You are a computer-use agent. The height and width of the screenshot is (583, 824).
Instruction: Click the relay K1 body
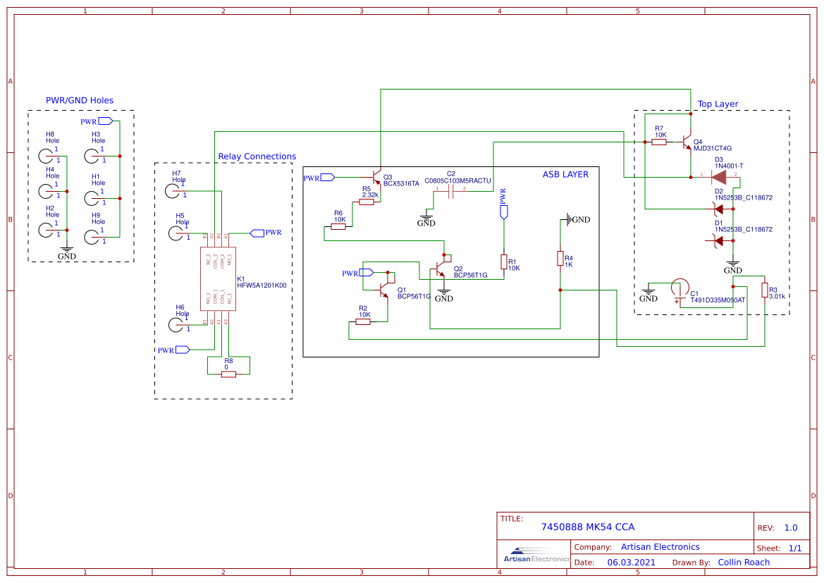tap(218, 278)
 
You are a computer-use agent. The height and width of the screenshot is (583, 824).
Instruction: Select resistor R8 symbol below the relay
tap(228, 374)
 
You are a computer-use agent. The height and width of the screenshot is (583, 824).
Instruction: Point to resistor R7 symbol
tap(659, 142)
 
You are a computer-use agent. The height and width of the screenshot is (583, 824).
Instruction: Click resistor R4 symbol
tap(560, 259)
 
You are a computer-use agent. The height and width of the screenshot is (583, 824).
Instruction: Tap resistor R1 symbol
tap(503, 262)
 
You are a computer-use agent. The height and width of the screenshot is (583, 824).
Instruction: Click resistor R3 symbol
tap(764, 290)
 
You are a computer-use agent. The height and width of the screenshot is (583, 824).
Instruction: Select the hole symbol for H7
tap(174, 190)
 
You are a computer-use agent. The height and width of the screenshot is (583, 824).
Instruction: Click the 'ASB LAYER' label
tap(565, 174)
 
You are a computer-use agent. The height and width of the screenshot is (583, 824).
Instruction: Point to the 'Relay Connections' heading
tap(257, 157)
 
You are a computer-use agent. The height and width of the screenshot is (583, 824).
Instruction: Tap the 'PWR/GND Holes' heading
tap(80, 100)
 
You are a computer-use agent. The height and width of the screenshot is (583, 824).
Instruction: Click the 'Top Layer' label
tap(718, 104)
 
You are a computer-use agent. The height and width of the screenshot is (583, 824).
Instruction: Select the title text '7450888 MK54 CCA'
tap(587, 527)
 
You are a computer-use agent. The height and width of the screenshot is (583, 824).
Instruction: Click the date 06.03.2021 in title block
tap(631, 563)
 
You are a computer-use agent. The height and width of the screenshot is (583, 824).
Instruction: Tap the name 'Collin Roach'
tap(744, 563)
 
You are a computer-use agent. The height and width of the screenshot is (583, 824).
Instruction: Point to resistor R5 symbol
tap(366, 202)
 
